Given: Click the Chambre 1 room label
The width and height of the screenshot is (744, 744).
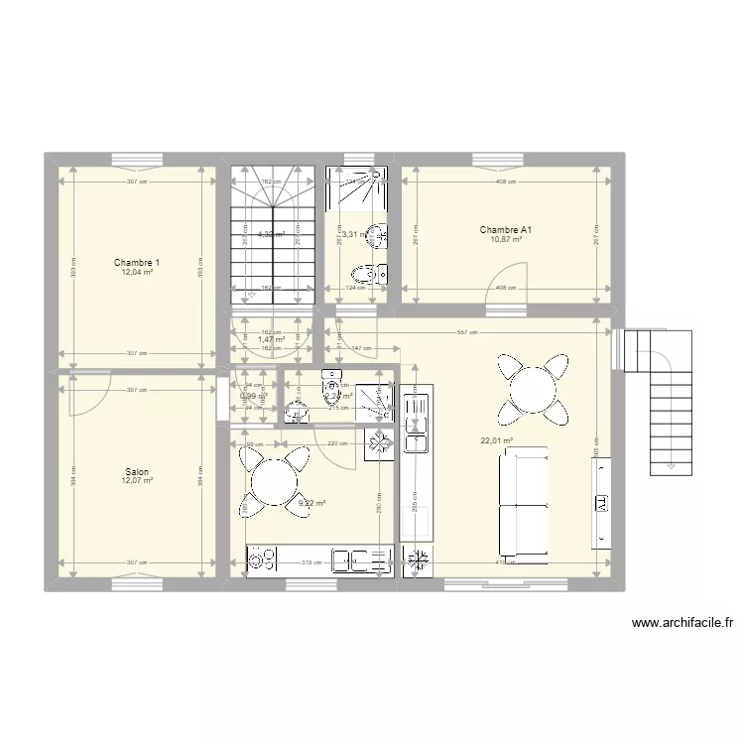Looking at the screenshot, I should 137,263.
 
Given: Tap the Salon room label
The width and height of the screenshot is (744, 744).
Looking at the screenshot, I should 137,472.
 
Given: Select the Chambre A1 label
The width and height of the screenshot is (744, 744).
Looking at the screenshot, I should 506,230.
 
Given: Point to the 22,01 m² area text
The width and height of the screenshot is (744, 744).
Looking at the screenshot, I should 496,441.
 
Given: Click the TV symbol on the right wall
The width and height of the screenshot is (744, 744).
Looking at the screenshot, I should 601,503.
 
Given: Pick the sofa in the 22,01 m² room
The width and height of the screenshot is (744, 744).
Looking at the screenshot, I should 523,501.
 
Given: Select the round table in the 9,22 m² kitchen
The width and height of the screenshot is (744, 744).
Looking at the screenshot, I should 273,482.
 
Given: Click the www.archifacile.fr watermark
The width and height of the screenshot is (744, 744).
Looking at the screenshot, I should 682,624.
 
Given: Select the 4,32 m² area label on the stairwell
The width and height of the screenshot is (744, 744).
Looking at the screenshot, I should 271,235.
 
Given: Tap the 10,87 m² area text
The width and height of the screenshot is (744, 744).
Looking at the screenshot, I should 506,240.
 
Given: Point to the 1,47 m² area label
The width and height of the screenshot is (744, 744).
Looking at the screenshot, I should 271,340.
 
